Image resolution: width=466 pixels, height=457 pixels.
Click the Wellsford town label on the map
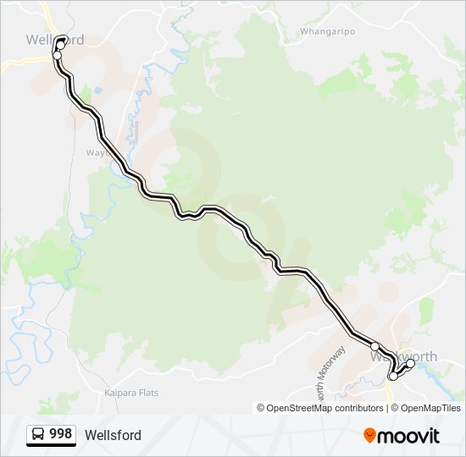click(55, 40)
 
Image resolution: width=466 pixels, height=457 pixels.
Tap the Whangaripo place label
click(326, 32)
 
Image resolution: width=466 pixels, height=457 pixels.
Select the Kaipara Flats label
click(130, 393)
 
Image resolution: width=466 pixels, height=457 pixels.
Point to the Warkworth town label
click(404, 356)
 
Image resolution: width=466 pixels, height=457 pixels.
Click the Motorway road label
click(339, 364)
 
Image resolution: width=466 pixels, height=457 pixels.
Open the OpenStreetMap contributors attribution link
click(325, 408)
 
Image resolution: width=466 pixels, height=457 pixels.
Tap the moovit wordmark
click(409, 436)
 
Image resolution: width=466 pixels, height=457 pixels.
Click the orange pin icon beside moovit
click(370, 436)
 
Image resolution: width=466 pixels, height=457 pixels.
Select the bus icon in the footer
click(38, 435)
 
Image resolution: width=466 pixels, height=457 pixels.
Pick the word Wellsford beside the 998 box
click(113, 435)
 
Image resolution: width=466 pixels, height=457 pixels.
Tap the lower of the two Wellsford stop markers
click(58, 55)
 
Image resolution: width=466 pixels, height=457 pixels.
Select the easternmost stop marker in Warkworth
click(410, 364)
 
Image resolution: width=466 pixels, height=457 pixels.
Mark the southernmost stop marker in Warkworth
click(393, 377)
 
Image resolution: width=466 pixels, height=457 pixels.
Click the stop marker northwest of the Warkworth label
click(374, 346)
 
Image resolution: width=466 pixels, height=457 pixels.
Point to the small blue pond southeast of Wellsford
click(99, 90)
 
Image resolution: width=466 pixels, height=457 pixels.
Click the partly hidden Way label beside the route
click(92, 153)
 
